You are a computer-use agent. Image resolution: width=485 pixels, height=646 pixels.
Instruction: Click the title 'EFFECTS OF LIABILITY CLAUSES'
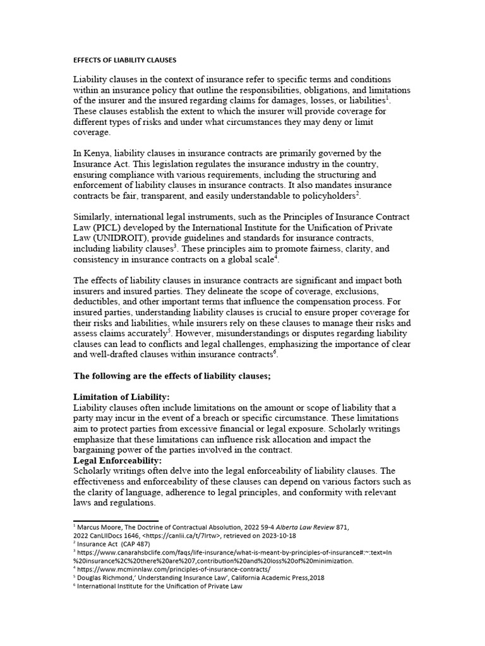point(125,60)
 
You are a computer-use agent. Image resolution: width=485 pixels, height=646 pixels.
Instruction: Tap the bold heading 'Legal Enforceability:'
point(118,461)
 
